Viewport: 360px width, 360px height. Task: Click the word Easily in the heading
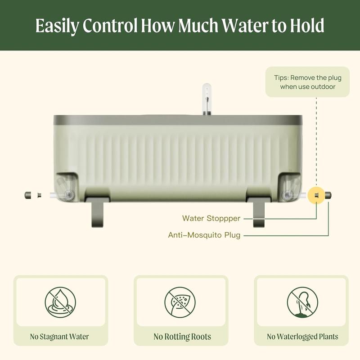(x=57, y=26)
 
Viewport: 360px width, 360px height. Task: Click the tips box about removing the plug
(x=307, y=82)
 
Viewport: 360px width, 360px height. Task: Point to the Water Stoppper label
(x=211, y=218)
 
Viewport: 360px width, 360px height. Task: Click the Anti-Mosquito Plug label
(x=204, y=235)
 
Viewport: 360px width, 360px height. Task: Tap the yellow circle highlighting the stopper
(x=316, y=195)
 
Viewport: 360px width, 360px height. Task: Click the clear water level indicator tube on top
(x=207, y=99)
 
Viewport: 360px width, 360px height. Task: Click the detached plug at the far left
(x=28, y=195)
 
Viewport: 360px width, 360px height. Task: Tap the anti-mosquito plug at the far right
(x=328, y=195)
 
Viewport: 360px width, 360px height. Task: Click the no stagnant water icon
(x=60, y=302)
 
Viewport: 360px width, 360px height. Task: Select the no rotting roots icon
(x=180, y=302)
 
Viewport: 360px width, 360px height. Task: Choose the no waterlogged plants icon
(x=302, y=302)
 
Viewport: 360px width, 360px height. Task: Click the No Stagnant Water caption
(x=59, y=337)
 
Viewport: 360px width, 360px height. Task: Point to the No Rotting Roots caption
(x=182, y=337)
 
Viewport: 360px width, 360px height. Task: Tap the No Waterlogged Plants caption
(x=302, y=337)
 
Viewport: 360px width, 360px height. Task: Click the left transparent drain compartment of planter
(x=66, y=187)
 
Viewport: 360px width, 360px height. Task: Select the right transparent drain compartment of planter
(x=290, y=187)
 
